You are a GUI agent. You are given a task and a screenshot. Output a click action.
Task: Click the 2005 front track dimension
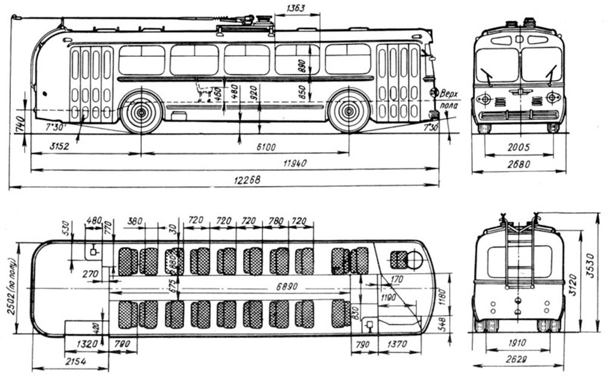pos(519,147)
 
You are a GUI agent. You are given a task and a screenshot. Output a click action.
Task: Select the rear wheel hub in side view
pos(141,112)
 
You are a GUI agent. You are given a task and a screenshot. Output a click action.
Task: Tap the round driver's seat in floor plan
pos(414,259)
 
